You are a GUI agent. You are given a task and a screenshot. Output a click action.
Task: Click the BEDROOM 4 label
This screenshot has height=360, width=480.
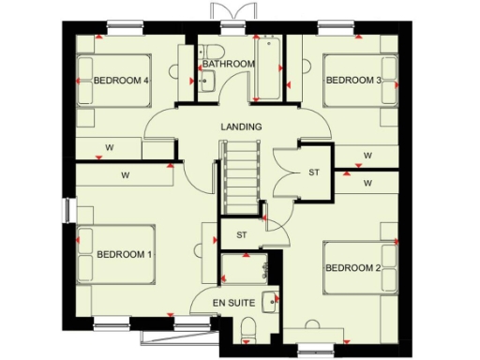point(122,81)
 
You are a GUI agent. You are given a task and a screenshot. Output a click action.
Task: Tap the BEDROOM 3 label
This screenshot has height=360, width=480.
point(352,81)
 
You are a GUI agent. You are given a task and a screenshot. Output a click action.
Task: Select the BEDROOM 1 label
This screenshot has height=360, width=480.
point(125,254)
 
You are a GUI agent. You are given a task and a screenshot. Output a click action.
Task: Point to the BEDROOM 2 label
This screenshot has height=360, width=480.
point(352,269)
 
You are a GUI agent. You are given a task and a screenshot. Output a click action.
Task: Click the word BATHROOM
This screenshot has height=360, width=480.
point(229,64)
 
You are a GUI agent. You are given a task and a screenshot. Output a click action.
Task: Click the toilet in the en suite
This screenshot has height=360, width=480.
point(248,326)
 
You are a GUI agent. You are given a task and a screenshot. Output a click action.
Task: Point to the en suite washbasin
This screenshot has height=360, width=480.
point(270,302)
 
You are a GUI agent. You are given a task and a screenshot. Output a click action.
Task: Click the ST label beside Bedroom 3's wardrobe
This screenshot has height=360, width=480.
point(314,173)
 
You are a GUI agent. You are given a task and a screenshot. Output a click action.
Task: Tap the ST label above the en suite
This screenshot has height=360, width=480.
point(241,234)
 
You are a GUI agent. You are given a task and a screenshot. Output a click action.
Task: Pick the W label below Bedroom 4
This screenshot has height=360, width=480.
point(109,147)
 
